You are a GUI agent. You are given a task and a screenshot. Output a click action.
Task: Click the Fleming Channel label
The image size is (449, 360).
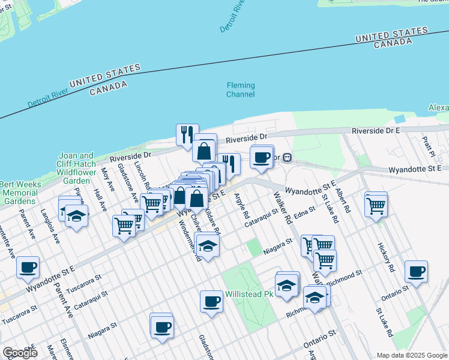(240, 90)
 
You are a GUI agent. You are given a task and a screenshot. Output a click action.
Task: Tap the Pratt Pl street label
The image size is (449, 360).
(427, 145)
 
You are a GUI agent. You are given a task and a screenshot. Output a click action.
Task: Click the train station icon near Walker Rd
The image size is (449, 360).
(288, 158)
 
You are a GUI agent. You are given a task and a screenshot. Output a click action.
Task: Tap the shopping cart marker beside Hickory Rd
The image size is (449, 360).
(376, 205)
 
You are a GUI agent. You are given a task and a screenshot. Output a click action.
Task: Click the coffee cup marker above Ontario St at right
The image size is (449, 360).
(416, 271)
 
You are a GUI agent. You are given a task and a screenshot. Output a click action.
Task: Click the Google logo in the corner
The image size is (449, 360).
(20, 353)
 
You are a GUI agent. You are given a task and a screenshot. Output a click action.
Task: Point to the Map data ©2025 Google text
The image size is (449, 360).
(411, 355)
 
